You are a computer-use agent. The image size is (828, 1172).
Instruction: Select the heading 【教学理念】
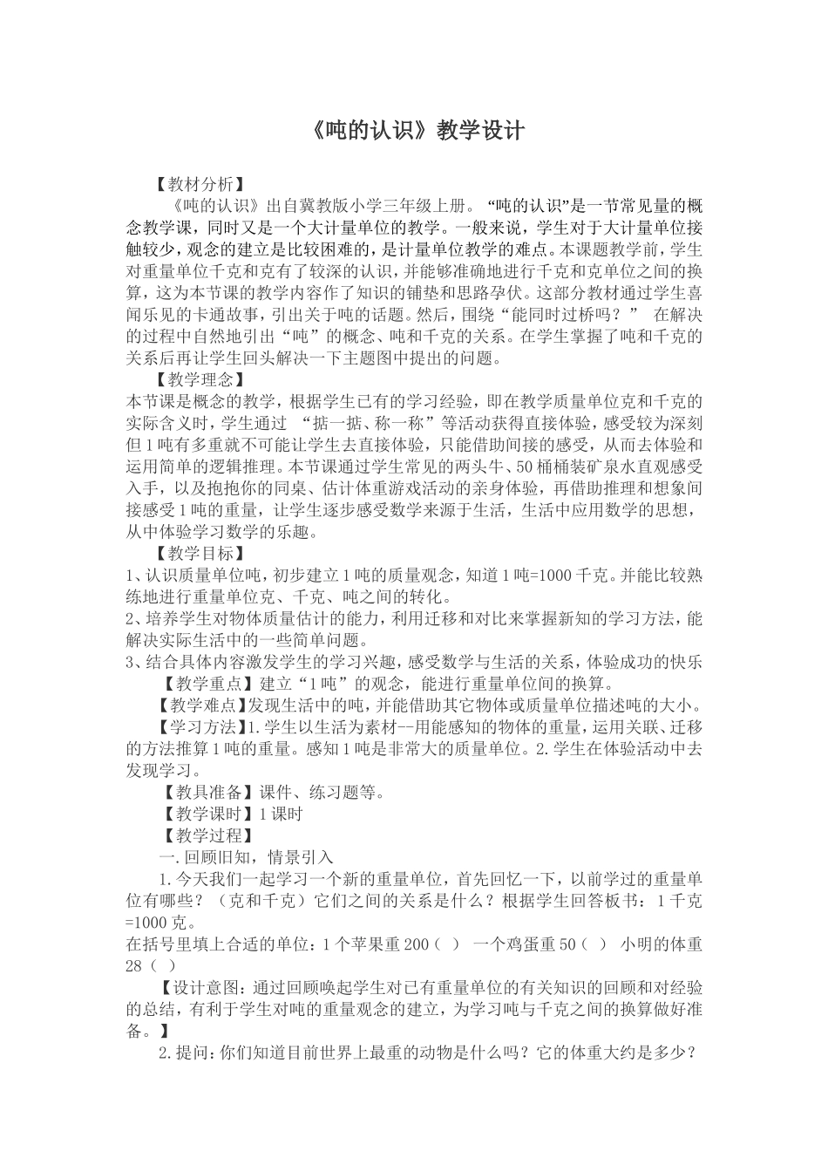198,380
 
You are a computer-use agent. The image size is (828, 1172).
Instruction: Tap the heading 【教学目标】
198,553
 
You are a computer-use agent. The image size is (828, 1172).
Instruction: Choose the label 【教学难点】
204,705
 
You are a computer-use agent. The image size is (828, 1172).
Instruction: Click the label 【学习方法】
204,726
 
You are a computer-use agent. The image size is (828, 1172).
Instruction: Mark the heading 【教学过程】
204,835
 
